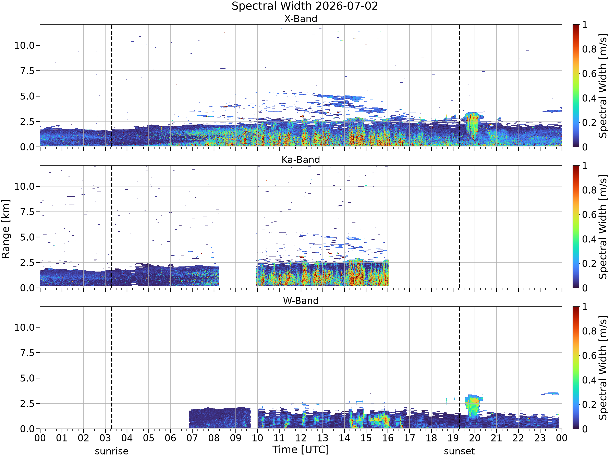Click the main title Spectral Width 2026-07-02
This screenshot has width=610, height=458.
[x=305, y=6]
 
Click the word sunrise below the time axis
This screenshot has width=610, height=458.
[x=112, y=451]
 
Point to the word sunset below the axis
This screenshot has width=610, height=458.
[x=459, y=451]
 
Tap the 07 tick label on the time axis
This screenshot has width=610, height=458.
[x=192, y=438]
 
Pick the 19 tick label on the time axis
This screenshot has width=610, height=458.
[x=453, y=438]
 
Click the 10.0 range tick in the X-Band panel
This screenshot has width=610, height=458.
[x=25, y=45]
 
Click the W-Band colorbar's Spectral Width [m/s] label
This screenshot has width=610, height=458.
[x=603, y=368]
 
